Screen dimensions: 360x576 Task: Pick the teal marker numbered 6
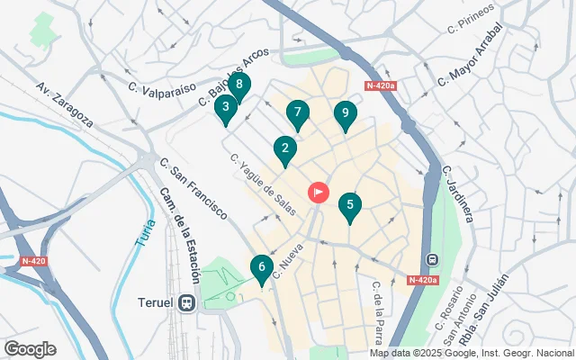[x=261, y=267]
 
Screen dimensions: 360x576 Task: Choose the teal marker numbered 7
[x=298, y=113]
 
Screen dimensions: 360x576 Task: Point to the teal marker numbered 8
[x=238, y=86]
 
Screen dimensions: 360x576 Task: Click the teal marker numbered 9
[x=343, y=114]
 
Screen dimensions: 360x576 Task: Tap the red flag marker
[x=319, y=192]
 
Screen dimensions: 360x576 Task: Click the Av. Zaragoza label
[x=65, y=103]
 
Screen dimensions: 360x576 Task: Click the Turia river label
[x=148, y=238]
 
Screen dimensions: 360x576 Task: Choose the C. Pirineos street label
[x=471, y=17]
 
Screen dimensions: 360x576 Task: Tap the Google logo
[x=31, y=348]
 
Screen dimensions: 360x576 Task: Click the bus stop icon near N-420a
[x=432, y=259]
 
